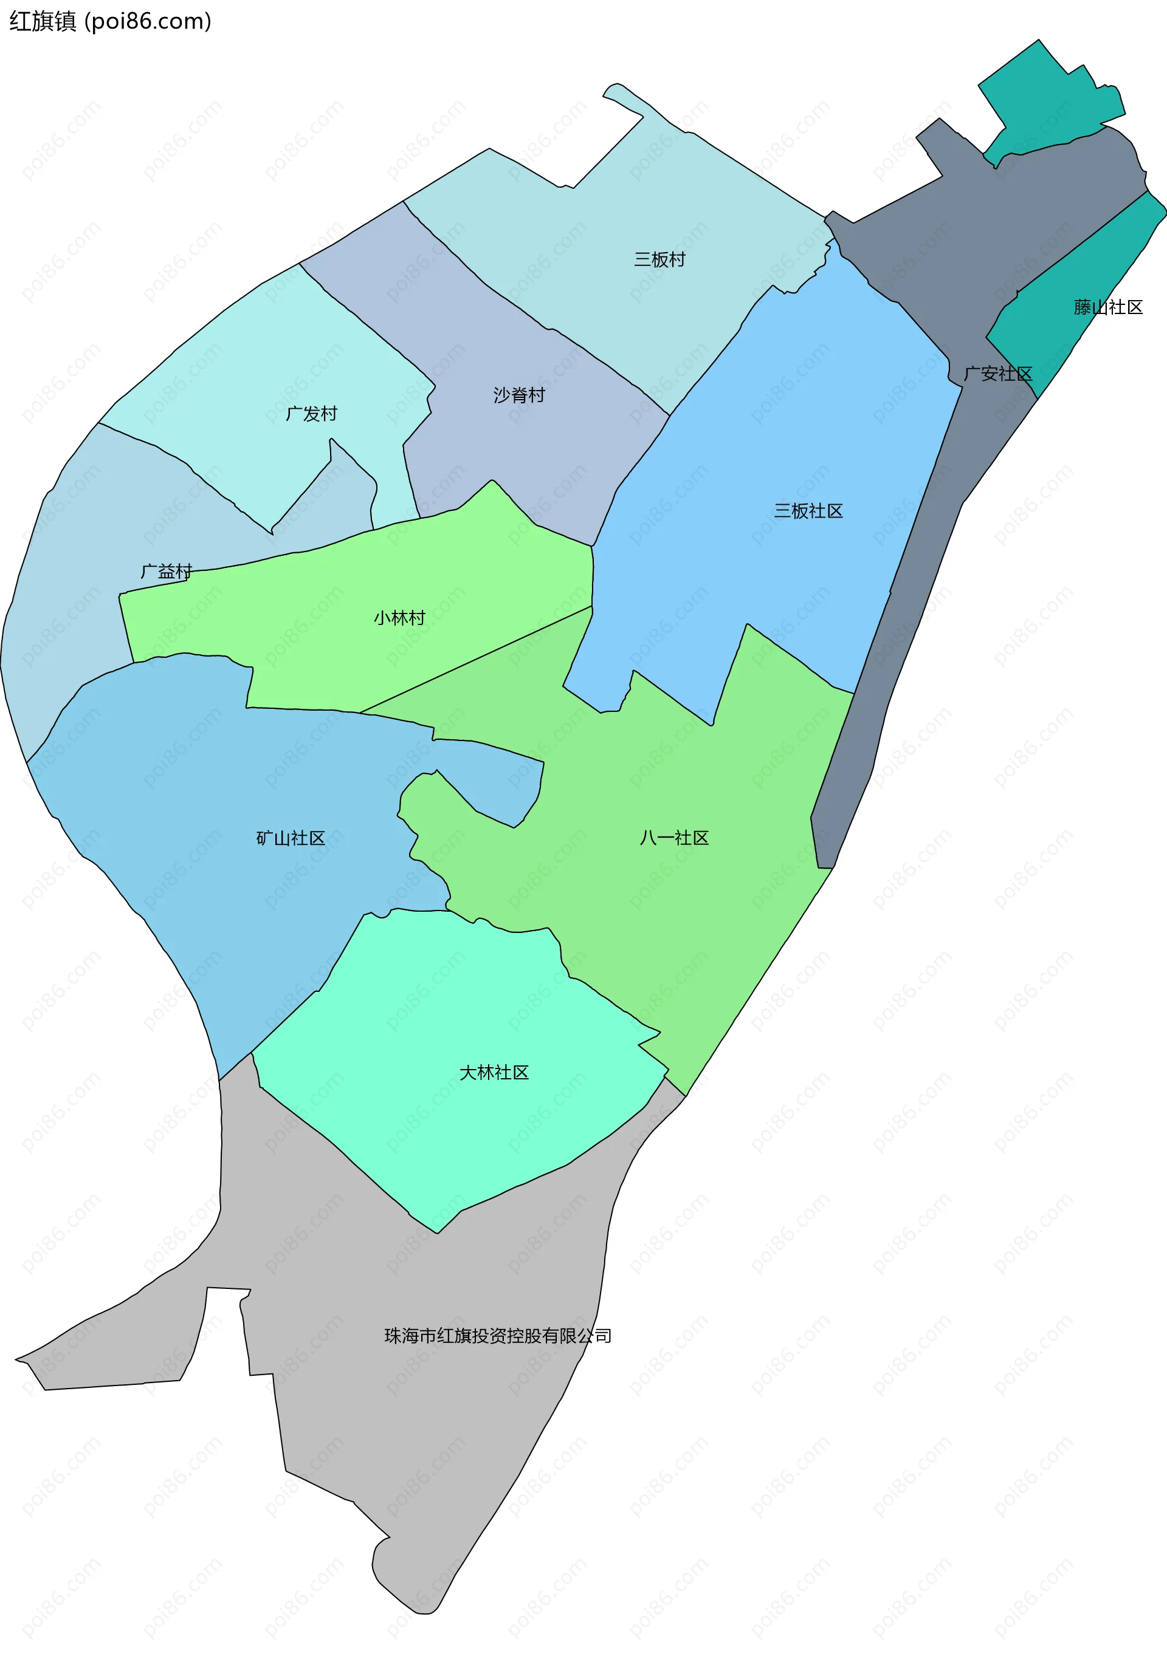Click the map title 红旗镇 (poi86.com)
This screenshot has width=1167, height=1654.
[110, 22]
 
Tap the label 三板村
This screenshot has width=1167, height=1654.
[659, 259]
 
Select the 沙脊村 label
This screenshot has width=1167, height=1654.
[519, 395]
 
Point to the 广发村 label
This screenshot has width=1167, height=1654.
[311, 414]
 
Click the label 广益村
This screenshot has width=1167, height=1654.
[167, 571]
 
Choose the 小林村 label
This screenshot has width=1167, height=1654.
[399, 617]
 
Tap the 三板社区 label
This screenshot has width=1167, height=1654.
[808, 511]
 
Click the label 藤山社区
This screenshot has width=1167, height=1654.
[1108, 307]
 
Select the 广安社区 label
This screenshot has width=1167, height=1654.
[997, 373]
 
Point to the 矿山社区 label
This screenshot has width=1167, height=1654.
[291, 838]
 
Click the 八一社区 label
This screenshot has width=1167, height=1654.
[674, 837]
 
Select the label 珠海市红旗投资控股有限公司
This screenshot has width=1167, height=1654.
[497, 1336]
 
